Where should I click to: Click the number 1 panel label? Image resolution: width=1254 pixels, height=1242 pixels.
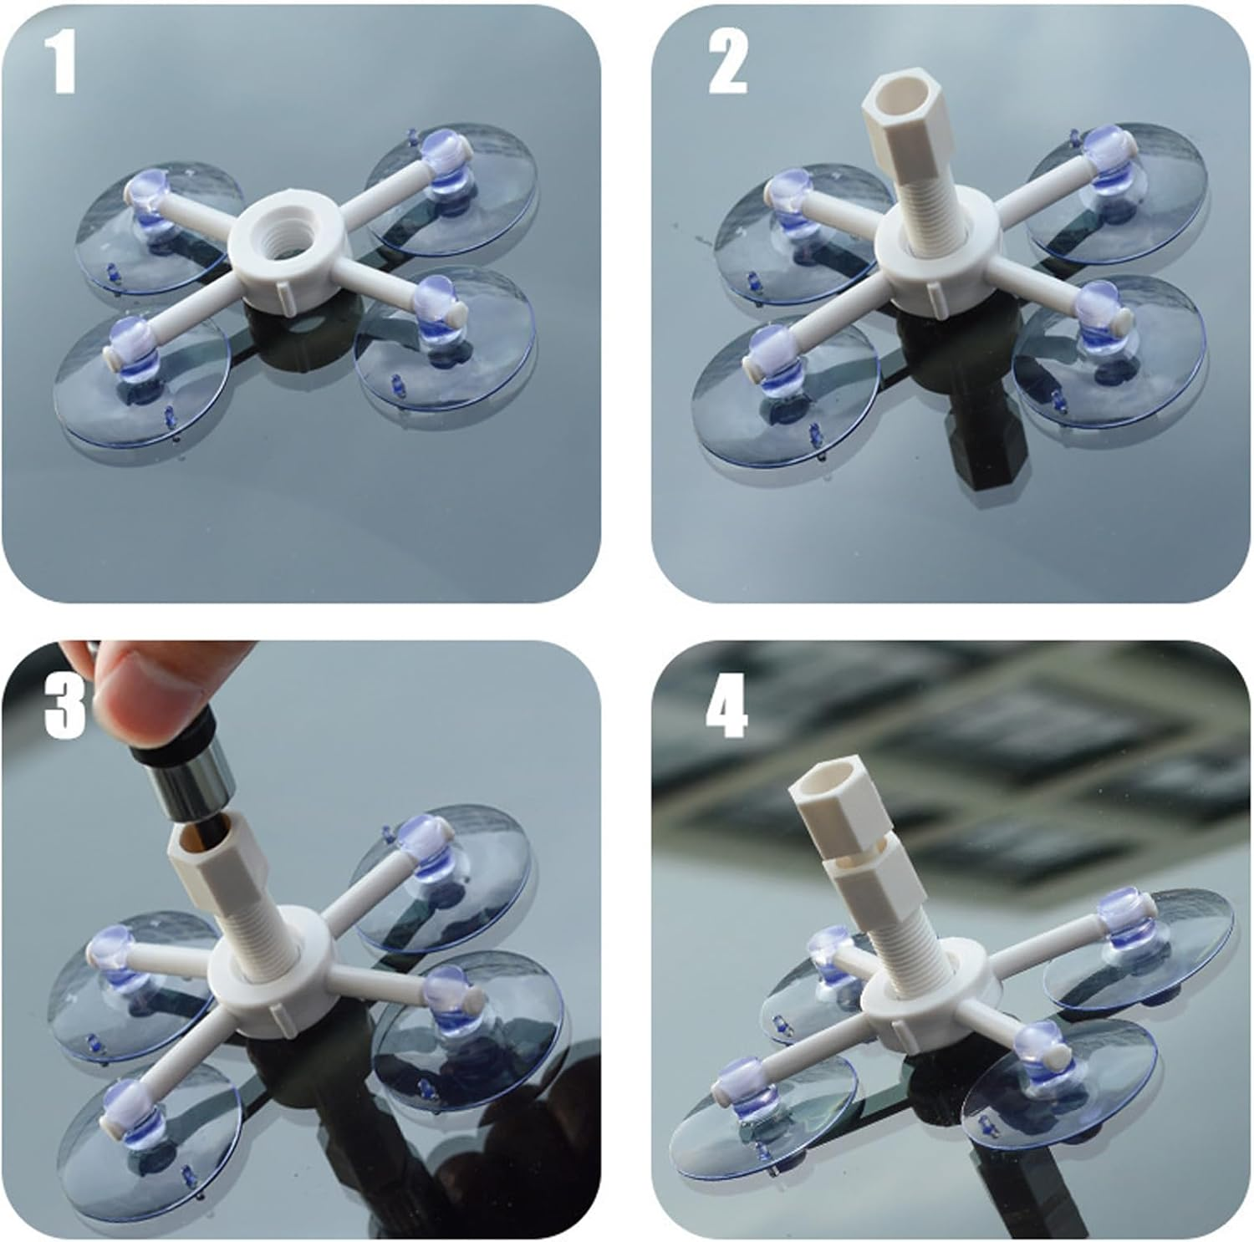point(59,63)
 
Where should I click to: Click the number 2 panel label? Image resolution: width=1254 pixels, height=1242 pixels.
point(727,63)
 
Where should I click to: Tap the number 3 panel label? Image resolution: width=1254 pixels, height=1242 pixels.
point(64,706)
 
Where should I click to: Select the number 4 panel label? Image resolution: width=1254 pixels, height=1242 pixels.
point(726,706)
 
